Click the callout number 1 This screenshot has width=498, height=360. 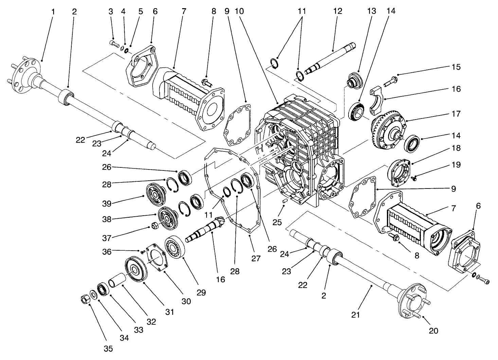[53, 12]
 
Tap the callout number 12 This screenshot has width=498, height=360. [338, 12]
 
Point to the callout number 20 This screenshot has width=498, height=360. [433, 330]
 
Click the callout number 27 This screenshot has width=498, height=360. [255, 258]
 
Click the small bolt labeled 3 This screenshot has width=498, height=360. [113, 43]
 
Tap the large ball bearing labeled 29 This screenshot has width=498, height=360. [175, 248]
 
